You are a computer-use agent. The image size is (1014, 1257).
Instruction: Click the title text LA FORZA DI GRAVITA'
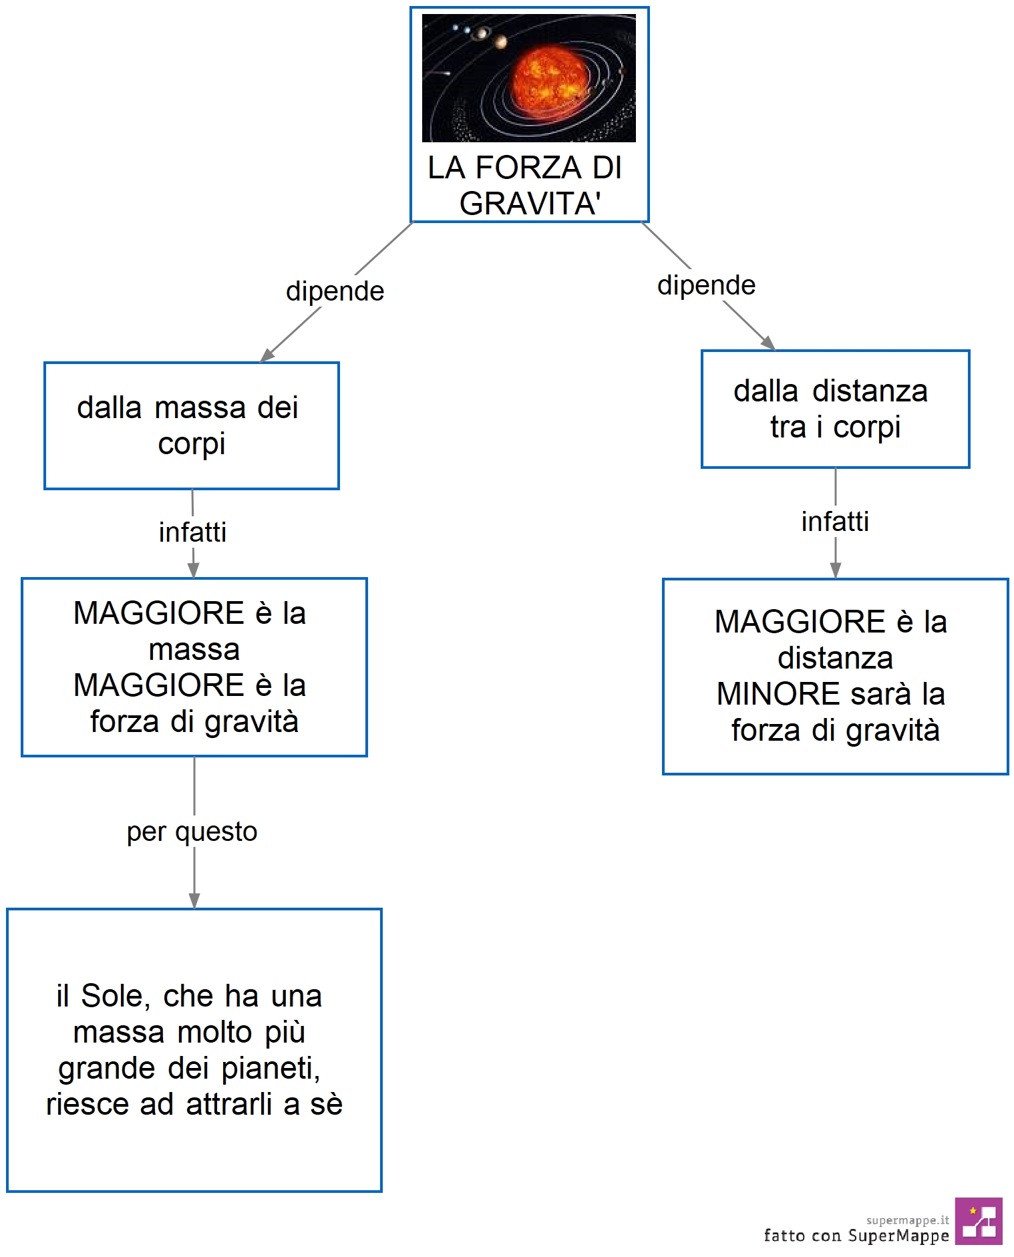click(526, 185)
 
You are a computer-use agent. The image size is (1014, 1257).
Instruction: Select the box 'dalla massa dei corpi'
click(192, 425)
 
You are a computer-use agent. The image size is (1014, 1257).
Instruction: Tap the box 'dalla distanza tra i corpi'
click(835, 409)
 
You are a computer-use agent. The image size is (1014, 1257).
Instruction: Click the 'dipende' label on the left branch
click(335, 292)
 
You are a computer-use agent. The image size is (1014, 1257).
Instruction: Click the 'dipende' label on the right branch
click(706, 285)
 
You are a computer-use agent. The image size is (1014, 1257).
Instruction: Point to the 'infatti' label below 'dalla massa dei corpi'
click(192, 532)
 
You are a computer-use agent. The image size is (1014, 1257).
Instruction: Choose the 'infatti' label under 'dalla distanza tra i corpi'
click(835, 522)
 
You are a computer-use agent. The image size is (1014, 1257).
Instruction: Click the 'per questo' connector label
click(192, 832)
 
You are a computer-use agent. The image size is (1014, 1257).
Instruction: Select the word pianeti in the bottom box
click(271, 1069)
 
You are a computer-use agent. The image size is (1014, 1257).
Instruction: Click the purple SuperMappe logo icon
click(979, 1221)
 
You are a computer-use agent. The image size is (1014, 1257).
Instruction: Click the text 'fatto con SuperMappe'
click(856, 1236)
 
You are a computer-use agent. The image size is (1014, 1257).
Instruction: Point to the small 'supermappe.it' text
click(907, 1220)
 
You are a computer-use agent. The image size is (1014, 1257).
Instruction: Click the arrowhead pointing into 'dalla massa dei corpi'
click(267, 356)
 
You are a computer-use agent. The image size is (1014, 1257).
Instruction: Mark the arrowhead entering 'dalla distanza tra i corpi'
click(769, 343)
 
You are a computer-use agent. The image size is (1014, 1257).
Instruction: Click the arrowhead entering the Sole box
click(194, 900)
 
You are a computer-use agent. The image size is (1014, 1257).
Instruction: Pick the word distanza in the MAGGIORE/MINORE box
click(835, 659)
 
